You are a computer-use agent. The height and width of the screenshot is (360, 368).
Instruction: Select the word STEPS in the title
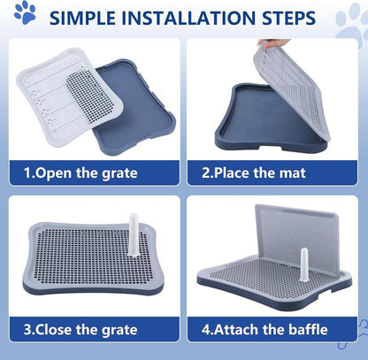tap(285, 18)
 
